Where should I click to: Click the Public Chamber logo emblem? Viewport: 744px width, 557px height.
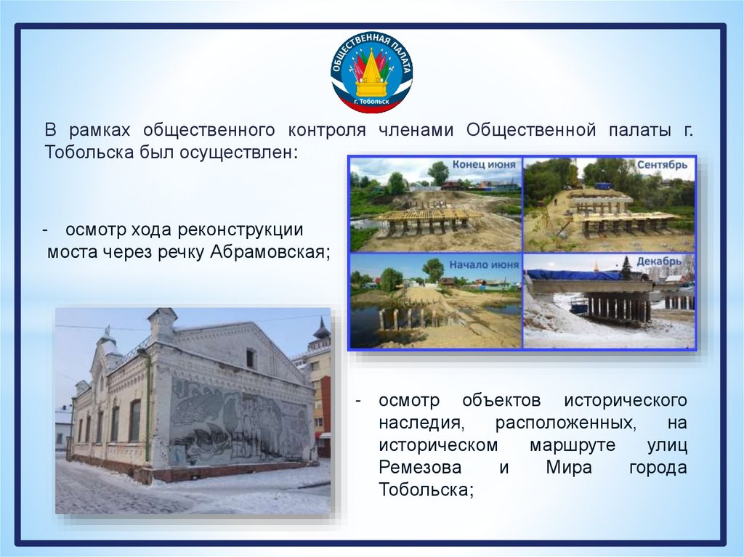pos(371,73)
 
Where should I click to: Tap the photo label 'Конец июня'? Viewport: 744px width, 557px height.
pos(483,165)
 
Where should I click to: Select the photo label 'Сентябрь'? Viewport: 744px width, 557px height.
pos(662,165)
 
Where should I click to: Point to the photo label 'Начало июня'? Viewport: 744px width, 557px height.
pos(484,265)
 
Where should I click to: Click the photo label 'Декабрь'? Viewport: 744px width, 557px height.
pos(659,261)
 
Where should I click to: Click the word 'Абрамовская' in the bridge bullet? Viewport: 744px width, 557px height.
pos(269,252)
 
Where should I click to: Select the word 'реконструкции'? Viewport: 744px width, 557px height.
pos(240,230)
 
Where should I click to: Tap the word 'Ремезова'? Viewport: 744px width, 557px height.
pos(420,468)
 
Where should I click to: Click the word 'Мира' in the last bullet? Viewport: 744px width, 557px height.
pos(569,468)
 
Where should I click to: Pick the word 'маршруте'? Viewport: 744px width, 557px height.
pos(573,446)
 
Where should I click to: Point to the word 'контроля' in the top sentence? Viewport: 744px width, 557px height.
pos(327,131)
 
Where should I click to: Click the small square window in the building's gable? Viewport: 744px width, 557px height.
pos(250,358)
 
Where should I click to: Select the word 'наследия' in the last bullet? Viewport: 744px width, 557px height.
pos(420,423)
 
